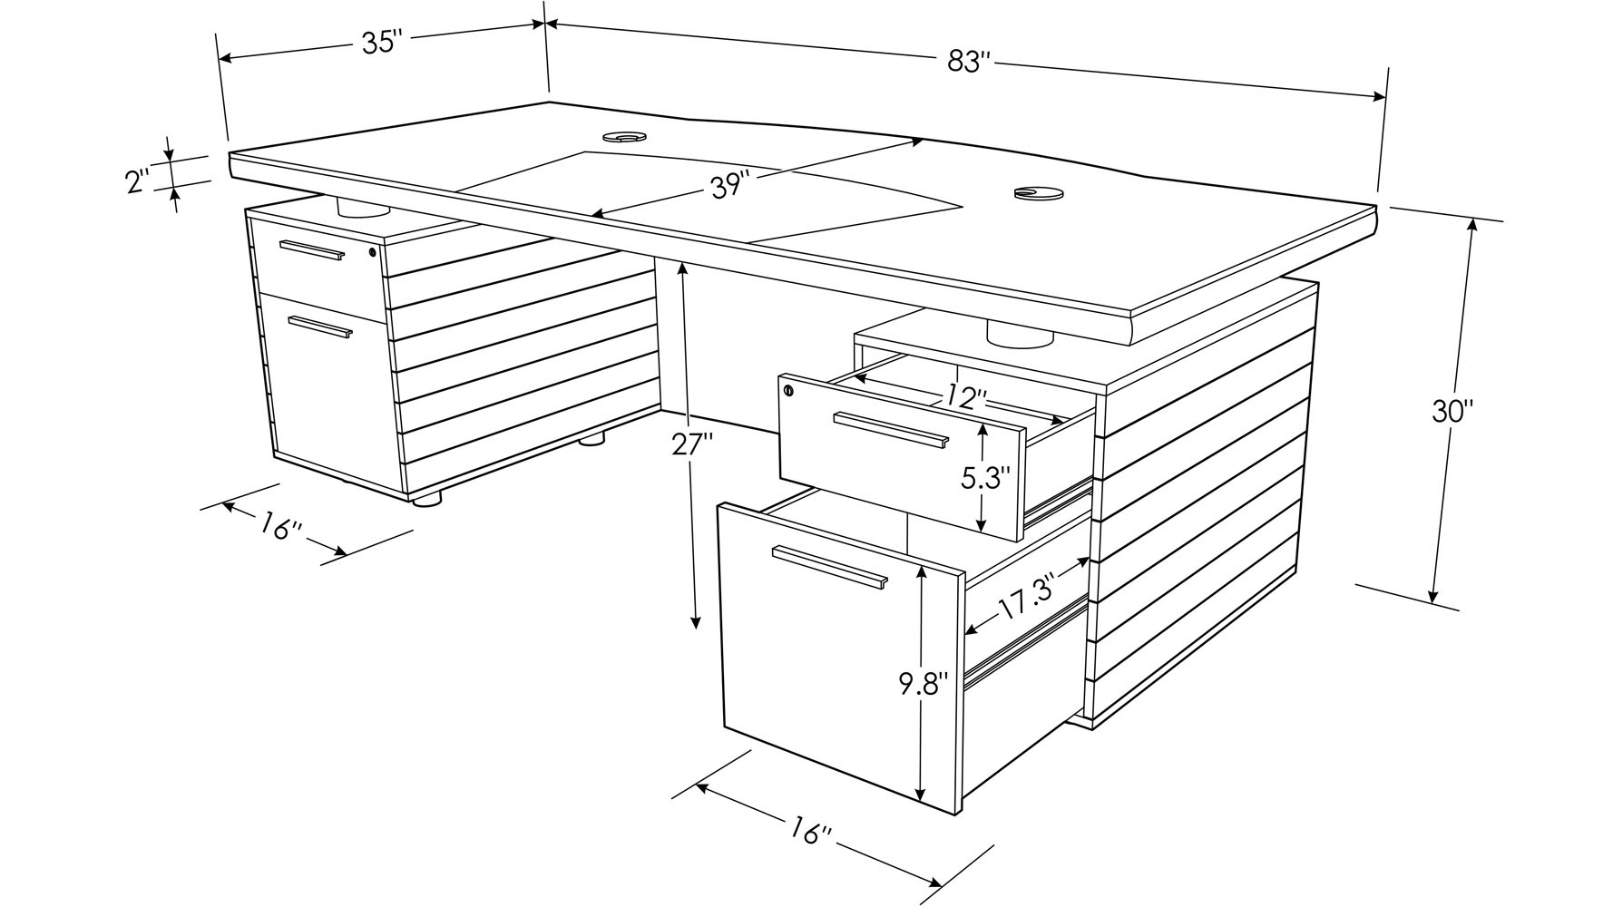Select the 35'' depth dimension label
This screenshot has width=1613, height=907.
pos(382,43)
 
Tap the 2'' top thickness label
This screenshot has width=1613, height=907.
pos(138,180)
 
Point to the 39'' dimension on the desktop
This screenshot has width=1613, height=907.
pos(730,186)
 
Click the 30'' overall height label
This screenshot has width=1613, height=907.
pos(1452,411)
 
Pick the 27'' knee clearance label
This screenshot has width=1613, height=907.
pos(693,444)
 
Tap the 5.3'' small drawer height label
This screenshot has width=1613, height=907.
pos(986,478)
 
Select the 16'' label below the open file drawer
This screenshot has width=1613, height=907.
pos(810,831)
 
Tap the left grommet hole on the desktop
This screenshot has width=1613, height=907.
pos(623,137)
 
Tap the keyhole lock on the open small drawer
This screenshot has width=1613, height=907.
pos(787,390)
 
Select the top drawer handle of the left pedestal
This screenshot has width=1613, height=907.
pos(312,250)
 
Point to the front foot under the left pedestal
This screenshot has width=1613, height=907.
pos(427,498)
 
